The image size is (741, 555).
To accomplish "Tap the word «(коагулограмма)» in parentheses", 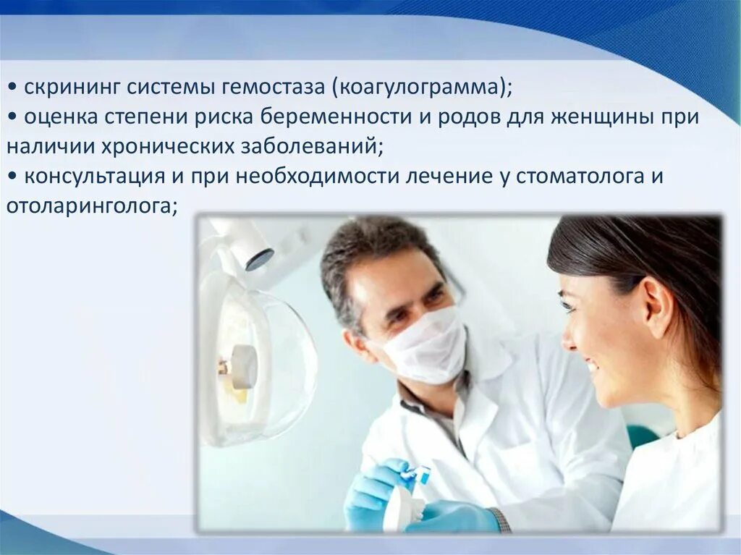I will pos(422,88).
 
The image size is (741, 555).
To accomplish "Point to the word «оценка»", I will pos(62,117).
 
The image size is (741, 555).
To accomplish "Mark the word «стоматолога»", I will pos(578,177).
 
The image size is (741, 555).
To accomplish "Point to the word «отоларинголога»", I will pos(91,207).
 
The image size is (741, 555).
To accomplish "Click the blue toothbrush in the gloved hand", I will pos(415,475).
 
